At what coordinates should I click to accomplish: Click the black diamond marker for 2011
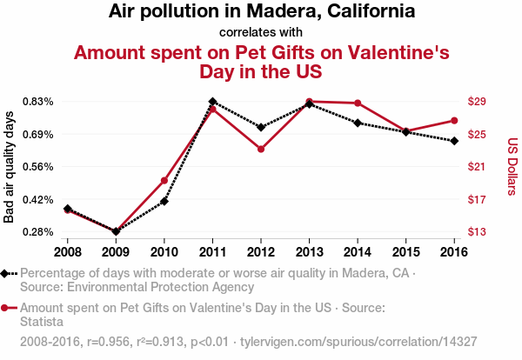[x=213, y=102]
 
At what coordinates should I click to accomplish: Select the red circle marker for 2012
[x=261, y=149]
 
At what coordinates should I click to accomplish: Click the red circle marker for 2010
[x=164, y=180]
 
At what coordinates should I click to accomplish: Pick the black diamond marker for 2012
[x=261, y=127]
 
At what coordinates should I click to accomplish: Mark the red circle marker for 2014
[x=358, y=103]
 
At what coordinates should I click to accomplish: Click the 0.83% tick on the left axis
[x=39, y=102]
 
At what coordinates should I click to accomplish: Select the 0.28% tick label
[x=39, y=232]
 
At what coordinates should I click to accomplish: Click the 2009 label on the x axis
[x=116, y=252]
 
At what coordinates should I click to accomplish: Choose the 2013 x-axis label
[x=309, y=252]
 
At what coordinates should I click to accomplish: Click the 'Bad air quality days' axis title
[x=10, y=167]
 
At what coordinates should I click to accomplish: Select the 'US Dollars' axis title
[x=512, y=167]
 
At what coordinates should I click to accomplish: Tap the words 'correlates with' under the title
[x=261, y=32]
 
